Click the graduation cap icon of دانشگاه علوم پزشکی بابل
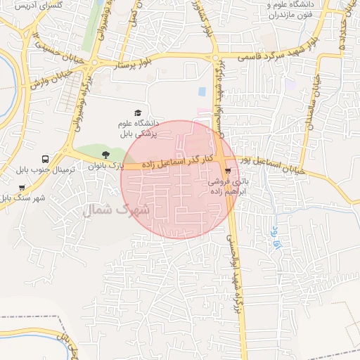(x=138, y=113)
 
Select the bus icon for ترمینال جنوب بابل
(x=46, y=160)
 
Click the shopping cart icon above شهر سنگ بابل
(x=22, y=188)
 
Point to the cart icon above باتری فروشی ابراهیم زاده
(x=227, y=171)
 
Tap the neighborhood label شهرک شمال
(x=117, y=210)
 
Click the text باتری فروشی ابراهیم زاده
(x=227, y=186)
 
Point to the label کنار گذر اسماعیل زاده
(x=173, y=162)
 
